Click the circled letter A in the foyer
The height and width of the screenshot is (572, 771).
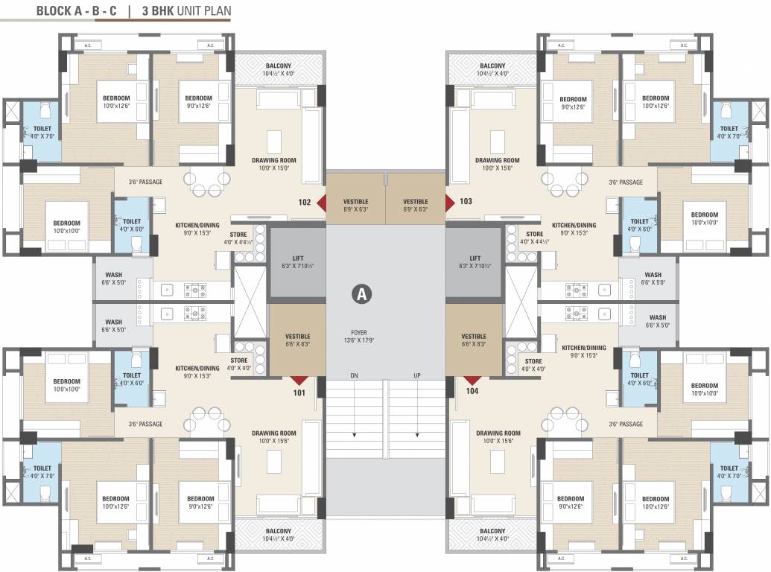362,294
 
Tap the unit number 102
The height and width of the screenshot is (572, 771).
305,201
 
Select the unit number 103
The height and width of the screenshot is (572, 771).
466,201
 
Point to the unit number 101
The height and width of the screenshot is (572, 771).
299,392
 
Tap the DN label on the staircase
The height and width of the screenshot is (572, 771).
354,375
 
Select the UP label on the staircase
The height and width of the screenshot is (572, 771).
418,375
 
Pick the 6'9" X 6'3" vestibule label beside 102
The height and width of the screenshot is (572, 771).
355,206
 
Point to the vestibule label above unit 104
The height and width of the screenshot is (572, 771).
474,340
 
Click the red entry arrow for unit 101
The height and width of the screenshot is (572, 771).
299,381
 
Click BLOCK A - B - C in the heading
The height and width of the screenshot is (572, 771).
77,11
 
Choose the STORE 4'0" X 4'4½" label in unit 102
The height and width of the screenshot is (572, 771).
238,238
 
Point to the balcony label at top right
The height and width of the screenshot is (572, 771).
492,69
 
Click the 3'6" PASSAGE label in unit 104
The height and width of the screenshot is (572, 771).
625,424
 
